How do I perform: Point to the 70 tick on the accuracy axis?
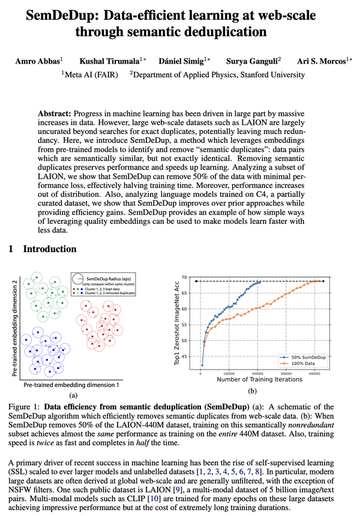[190, 278]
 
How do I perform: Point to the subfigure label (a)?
[74, 394]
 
